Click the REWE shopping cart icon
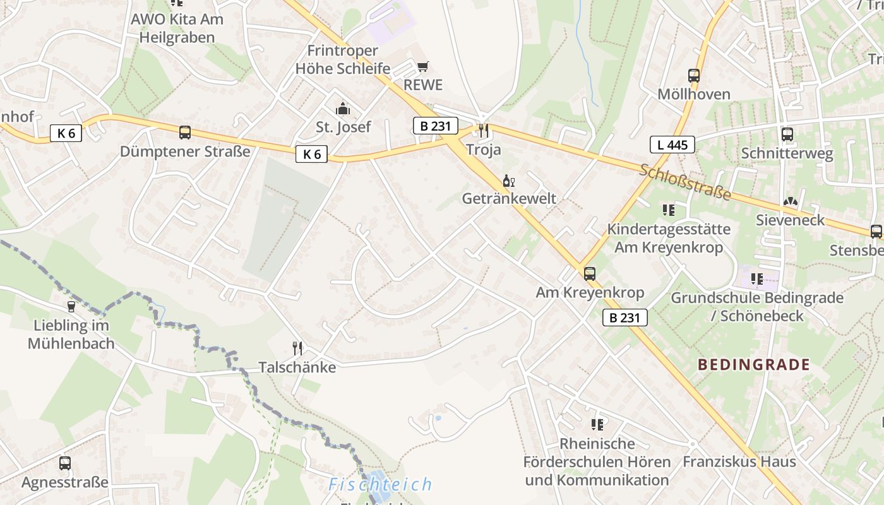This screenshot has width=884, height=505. pos(423,66)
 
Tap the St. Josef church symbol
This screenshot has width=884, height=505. pos(343,109)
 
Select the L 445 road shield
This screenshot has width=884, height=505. pos(672,145)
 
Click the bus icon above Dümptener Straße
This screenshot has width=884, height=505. pos(185,133)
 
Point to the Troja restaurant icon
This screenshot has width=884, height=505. pos(484,131)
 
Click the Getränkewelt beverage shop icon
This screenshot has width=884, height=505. pos(509,181)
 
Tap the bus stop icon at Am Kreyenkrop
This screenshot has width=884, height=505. pos(590,274)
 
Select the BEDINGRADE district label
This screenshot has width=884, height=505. pos(753,364)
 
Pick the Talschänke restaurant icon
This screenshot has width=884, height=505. pos(297,348)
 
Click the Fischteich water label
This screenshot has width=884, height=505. pos(380,485)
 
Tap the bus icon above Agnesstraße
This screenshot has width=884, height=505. pos(65,463)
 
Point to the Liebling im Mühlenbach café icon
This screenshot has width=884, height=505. pos(71,307)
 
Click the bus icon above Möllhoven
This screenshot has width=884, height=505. pos(694,76)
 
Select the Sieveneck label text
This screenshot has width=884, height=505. pos(791,220)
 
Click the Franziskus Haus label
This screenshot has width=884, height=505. pos(739,461)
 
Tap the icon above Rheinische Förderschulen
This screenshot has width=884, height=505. pos(597,424)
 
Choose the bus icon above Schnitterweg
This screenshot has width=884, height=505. pos(787,134)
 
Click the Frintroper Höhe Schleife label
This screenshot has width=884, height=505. pos(343,59)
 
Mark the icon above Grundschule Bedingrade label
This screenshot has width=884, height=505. pos(756,278)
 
